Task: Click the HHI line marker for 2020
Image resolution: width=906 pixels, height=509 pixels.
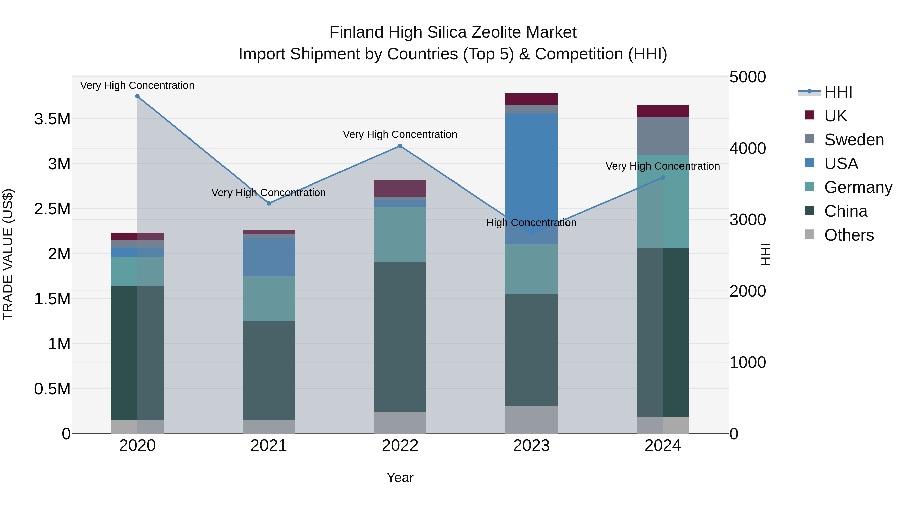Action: tap(137, 96)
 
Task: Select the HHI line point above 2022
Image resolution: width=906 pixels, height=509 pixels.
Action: tap(400, 146)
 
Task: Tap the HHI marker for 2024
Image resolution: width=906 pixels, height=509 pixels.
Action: tap(663, 178)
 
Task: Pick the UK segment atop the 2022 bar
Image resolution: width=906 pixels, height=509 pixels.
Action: tap(400, 188)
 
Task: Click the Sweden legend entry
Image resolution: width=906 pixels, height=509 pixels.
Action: tap(854, 140)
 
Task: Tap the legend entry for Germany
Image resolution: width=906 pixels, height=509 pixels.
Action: tap(858, 187)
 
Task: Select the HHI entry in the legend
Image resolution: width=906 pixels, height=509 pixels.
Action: tap(838, 92)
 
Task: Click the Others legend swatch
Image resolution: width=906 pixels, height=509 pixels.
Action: tap(809, 234)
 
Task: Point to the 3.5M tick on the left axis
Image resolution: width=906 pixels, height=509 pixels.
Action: tap(52, 119)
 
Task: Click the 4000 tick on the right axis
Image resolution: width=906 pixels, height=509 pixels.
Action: tap(747, 149)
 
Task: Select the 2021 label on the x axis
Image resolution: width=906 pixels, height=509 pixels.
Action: tap(269, 446)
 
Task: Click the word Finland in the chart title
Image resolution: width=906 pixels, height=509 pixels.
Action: tap(356, 32)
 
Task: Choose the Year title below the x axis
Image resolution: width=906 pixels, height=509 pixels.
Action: tap(400, 477)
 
